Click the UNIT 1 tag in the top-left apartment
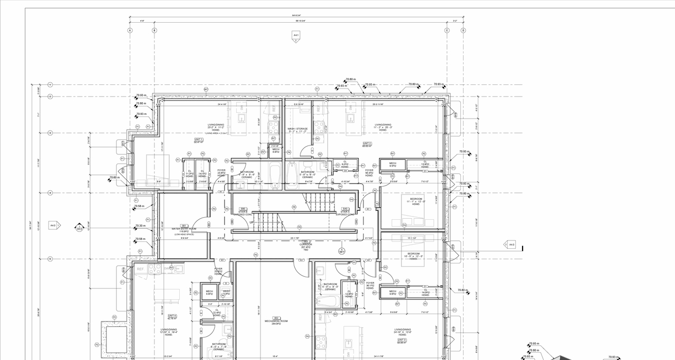pyautogui.click(x=198, y=140)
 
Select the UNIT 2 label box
pyautogui.click(x=367, y=143)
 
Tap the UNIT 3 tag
pyautogui.click(x=401, y=340)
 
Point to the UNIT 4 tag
pyautogui.click(x=172, y=316)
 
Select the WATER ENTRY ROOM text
pyautogui.click(x=185, y=229)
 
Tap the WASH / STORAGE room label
pyautogui.click(x=297, y=129)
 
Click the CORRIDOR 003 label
pyautogui.click(x=305, y=245)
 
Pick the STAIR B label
pyautogui.click(x=243, y=211)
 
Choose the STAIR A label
pyautogui.click(x=345, y=211)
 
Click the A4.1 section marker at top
pyautogui.click(x=296, y=36)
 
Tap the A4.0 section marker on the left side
pyautogui.click(x=53, y=226)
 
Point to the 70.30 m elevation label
pyautogui.click(x=140, y=226)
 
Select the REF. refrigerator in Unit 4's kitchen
pyautogui.click(x=141, y=269)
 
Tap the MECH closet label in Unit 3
pyautogui.click(x=392, y=291)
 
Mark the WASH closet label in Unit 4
pyautogui.click(x=226, y=291)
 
